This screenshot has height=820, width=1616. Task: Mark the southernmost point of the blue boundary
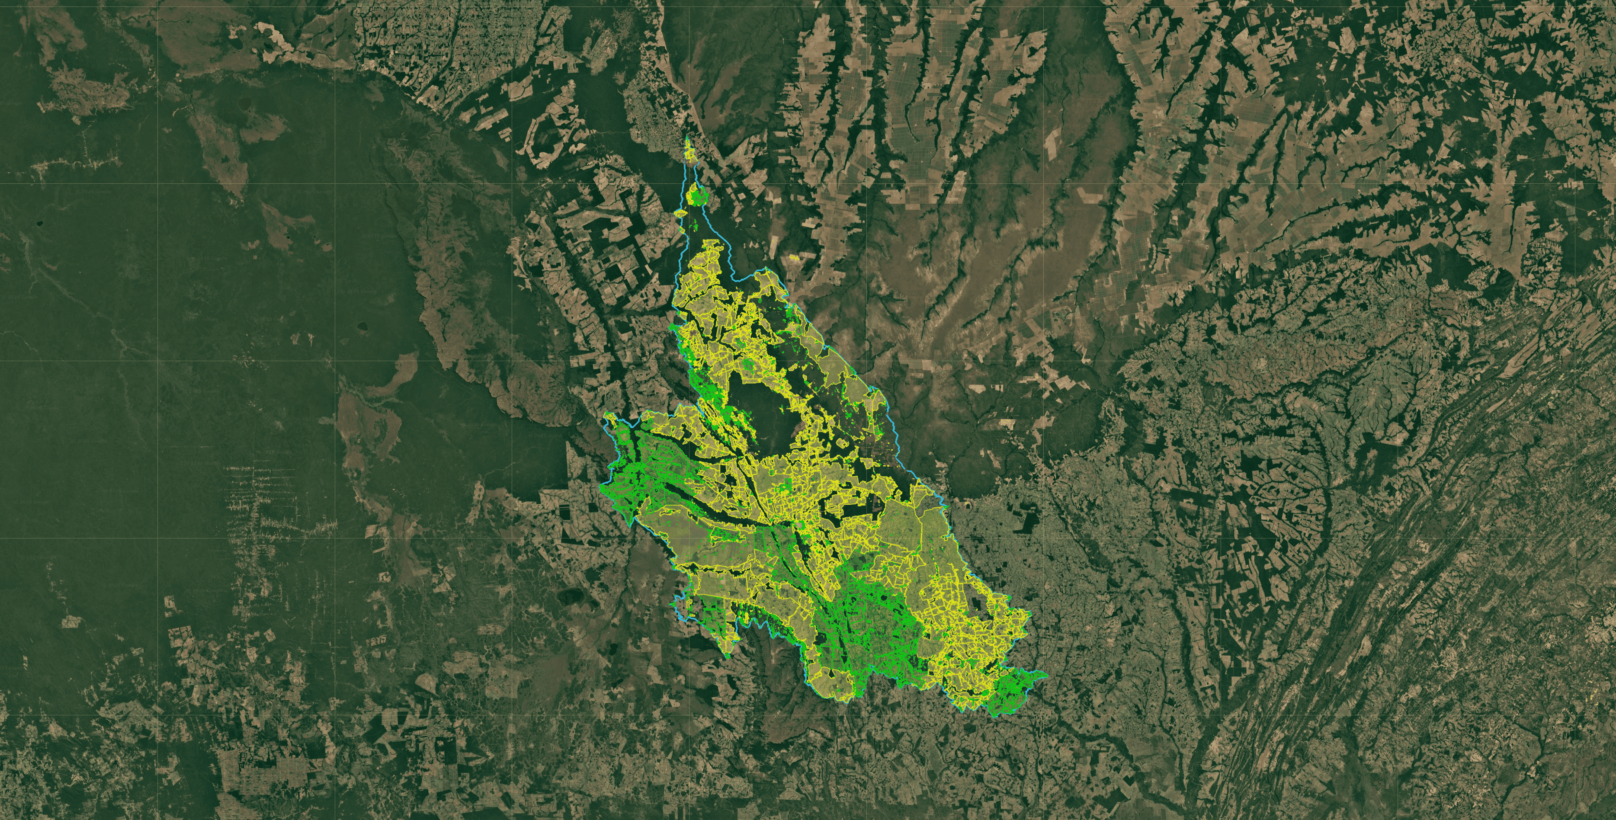[994, 717]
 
